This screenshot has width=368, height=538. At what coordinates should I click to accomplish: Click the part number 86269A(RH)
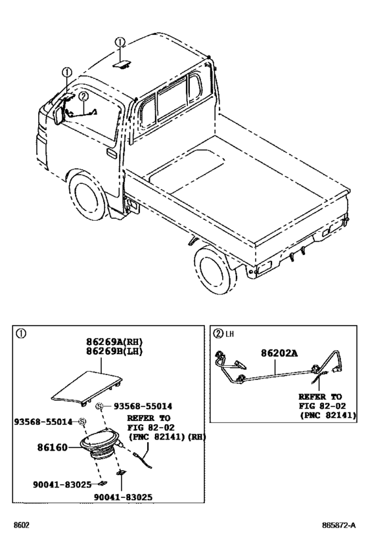click(114, 342)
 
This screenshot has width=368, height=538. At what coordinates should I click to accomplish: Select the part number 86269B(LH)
click(114, 351)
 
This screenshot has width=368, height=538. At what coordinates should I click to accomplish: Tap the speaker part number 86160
click(52, 447)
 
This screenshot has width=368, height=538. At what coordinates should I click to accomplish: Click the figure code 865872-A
click(339, 526)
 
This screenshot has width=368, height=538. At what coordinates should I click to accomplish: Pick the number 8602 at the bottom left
click(21, 526)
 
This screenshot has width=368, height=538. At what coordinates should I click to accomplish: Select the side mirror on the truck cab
click(59, 116)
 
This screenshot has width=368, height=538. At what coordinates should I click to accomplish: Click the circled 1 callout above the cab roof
click(120, 42)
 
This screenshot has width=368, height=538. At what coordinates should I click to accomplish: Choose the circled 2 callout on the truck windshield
click(83, 97)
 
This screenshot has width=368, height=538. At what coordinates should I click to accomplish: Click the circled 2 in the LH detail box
click(218, 333)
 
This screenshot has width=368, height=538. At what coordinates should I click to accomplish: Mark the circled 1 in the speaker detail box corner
click(21, 333)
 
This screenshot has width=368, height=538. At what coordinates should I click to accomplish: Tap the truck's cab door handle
click(112, 153)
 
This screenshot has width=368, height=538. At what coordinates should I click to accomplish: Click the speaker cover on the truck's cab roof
click(122, 64)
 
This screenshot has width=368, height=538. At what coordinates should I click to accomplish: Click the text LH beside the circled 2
click(229, 334)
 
